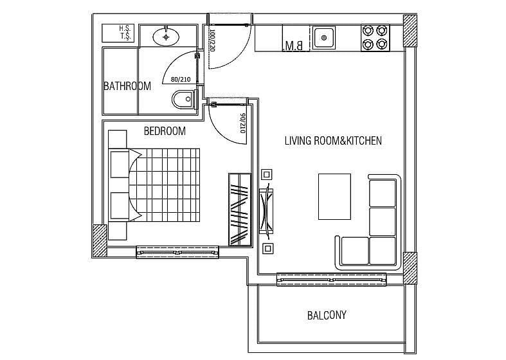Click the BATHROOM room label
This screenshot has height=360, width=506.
[127, 86]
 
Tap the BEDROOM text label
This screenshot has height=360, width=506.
[165, 131]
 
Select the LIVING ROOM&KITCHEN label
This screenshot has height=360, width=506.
[333, 141]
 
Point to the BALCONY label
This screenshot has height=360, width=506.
[327, 315]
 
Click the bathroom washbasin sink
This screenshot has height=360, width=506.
[166, 37]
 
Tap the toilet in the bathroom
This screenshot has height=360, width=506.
[185, 100]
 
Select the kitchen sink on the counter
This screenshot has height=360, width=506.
[324, 38]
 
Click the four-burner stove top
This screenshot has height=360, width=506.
[375, 38]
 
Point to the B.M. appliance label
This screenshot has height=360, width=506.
[294, 46]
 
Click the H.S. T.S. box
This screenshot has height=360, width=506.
[118, 33]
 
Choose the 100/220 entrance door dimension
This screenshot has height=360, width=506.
[212, 40]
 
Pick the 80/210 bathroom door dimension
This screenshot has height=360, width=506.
[181, 79]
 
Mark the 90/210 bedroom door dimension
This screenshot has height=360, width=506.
[242, 123]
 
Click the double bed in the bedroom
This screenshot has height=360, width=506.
[154, 185]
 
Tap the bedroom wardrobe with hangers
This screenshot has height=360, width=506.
[240, 210]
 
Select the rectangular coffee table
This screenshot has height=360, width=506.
[334, 197]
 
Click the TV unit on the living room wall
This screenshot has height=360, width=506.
[267, 211]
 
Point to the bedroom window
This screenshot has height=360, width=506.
[177, 252]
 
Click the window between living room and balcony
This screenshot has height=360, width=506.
[331, 280]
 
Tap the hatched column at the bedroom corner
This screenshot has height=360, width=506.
[100, 240]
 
